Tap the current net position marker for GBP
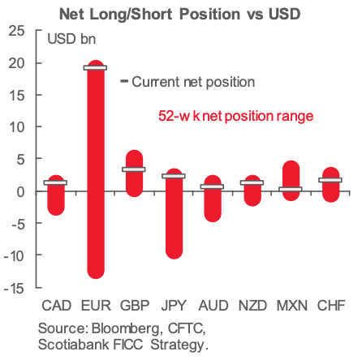point(134,169)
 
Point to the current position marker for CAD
point(55,182)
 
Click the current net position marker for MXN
point(291,189)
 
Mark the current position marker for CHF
point(330,180)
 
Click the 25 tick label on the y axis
point(17,31)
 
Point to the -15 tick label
point(14,289)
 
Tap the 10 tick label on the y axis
point(17,127)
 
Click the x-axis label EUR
point(96,306)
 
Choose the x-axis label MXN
point(292,306)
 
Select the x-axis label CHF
point(331,306)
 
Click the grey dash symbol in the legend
point(124,81)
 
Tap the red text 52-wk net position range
point(235,116)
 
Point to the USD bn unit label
point(71,39)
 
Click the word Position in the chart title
point(210,14)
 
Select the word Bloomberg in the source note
point(126,329)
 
